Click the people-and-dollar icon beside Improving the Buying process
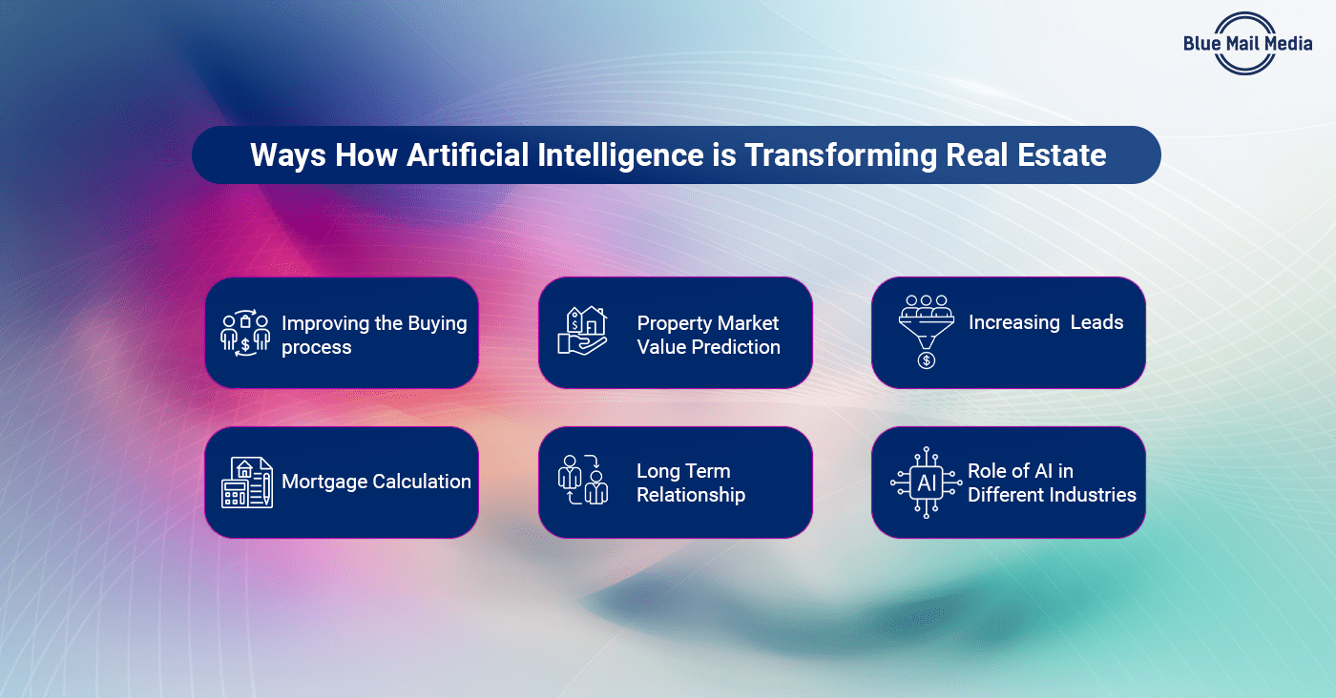(245, 334)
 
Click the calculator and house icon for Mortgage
(246, 482)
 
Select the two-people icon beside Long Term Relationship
(582, 482)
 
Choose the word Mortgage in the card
(324, 482)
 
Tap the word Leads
(1096, 322)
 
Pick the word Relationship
(691, 495)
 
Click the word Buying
(436, 323)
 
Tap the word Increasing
(1013, 322)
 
